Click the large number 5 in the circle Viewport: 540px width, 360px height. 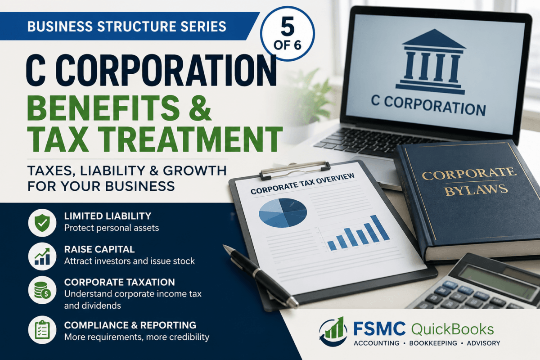pos(288,26)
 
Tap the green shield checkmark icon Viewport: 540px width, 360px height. pos(42,223)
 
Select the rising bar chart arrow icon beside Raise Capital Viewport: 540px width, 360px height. pos(42,256)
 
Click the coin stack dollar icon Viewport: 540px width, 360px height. pos(42,290)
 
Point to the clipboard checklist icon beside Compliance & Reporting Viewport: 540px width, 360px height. pos(42,329)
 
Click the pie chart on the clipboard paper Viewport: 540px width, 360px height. pos(283,212)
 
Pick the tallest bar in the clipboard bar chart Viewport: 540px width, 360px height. pos(380,228)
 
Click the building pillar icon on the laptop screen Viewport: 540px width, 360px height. pos(431,62)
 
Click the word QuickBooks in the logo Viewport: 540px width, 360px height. pos(452,329)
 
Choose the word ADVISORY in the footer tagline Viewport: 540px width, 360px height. pos(483,343)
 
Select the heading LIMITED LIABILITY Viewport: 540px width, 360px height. pos(108,216)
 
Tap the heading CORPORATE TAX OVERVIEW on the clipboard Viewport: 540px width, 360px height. pos(302,183)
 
